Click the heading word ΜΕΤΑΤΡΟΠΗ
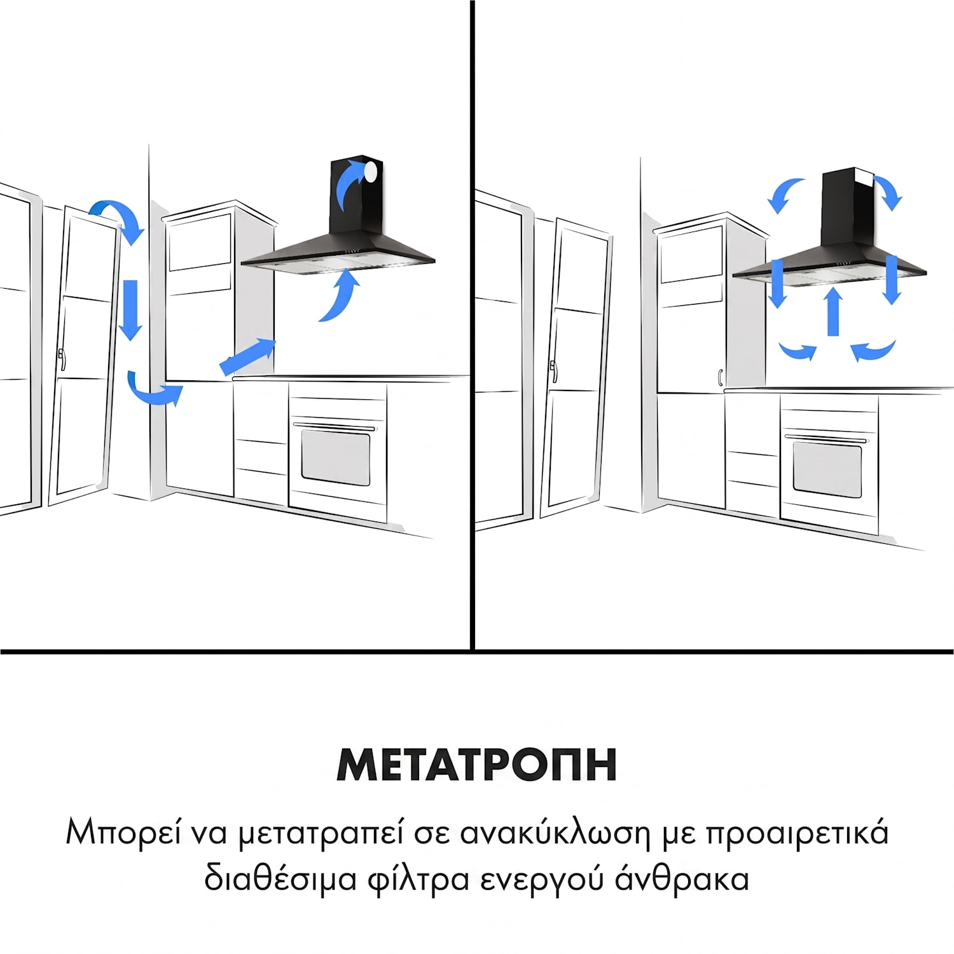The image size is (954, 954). (477, 764)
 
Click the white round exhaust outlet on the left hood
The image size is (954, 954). (370, 170)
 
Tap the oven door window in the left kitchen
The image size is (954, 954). (336, 456)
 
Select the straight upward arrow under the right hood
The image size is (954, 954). (833, 312)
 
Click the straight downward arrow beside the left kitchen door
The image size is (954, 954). (131, 310)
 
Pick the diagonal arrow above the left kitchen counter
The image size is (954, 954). (247, 357)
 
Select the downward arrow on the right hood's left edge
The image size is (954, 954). (777, 283)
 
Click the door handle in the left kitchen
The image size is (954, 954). (61, 359)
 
